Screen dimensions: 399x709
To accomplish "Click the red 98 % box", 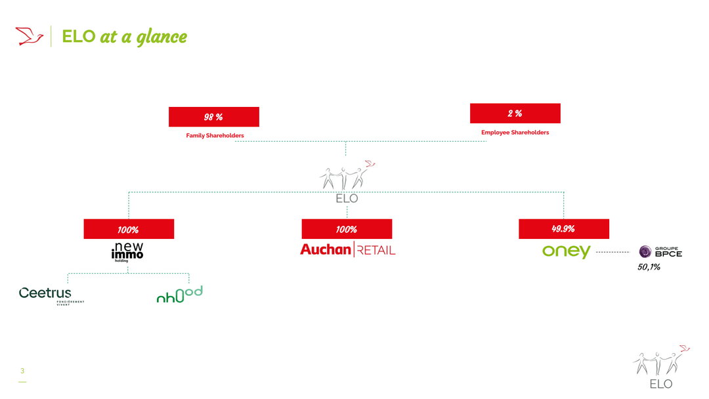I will coord(213,117).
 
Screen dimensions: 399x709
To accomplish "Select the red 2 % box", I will coord(515,114).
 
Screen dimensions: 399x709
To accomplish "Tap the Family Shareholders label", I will coord(215,136).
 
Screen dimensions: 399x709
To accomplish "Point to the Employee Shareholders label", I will coord(515,133).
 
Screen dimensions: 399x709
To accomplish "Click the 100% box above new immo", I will coord(129,229).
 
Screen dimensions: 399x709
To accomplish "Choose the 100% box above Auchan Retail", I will coord(347,229).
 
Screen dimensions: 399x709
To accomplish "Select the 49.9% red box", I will coord(563,229).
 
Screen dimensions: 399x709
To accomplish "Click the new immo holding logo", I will coord(127,252).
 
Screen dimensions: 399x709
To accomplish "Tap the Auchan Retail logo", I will coord(347,249).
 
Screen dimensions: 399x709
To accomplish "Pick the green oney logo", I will coord(566,251).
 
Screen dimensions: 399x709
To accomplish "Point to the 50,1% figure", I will coord(648,267).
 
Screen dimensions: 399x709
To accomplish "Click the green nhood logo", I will coord(179,294).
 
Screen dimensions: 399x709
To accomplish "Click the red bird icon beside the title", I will coord(30,36).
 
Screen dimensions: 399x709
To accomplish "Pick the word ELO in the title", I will coord(78,37).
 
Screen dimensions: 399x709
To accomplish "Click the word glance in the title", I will coord(161,37).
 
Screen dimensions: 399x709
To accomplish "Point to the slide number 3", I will coord(22,371).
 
